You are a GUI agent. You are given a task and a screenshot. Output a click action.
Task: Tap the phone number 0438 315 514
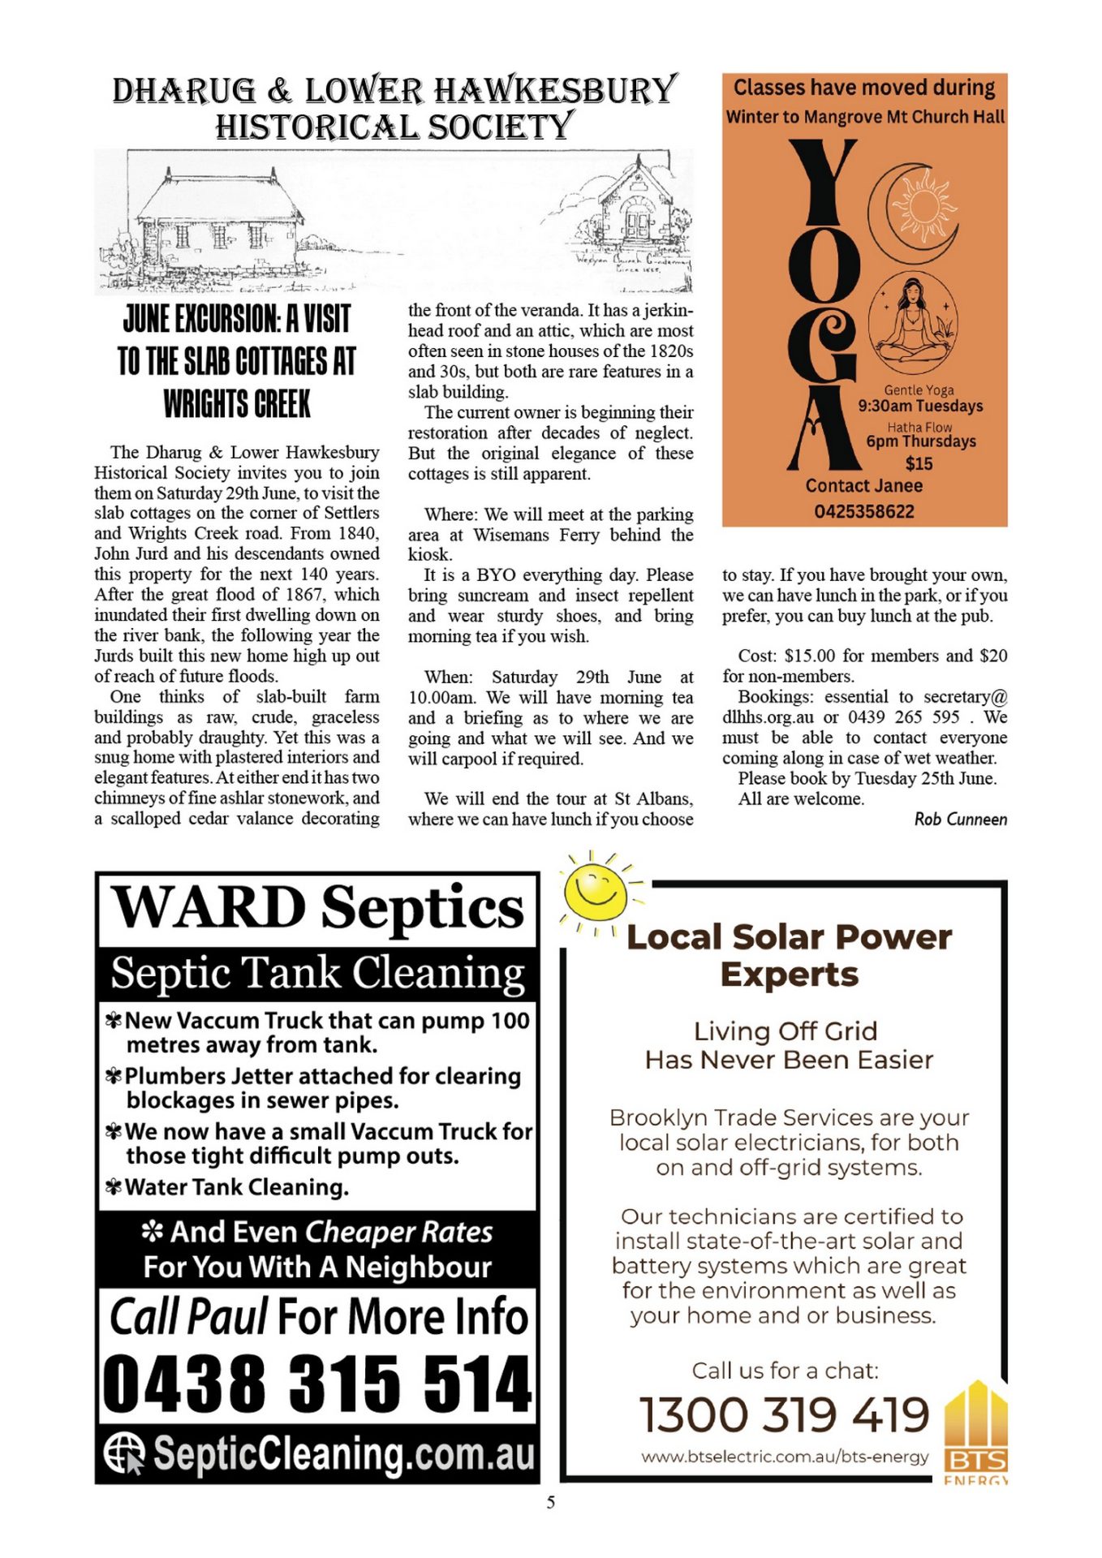(316, 1384)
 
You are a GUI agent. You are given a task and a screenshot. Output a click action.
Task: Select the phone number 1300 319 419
(784, 1414)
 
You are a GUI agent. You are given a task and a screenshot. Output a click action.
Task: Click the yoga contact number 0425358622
(864, 512)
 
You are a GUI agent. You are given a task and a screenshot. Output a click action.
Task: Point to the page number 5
(551, 1503)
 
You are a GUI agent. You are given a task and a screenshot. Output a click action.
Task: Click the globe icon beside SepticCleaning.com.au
(124, 1453)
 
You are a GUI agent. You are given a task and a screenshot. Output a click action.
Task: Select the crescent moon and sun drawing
(915, 209)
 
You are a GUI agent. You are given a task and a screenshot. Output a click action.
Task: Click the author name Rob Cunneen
(960, 820)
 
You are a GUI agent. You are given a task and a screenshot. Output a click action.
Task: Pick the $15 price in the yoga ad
(919, 464)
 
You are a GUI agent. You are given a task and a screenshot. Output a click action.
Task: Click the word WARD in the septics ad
(209, 906)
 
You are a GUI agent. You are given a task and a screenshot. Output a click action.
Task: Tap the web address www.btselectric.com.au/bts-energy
(784, 1457)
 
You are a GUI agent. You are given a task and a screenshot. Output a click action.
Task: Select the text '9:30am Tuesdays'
(920, 406)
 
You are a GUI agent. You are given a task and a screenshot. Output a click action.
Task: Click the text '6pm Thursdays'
(920, 441)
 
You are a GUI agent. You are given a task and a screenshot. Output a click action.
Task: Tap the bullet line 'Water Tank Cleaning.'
(236, 1187)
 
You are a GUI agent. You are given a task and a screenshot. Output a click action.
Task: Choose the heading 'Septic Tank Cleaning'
(317, 972)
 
